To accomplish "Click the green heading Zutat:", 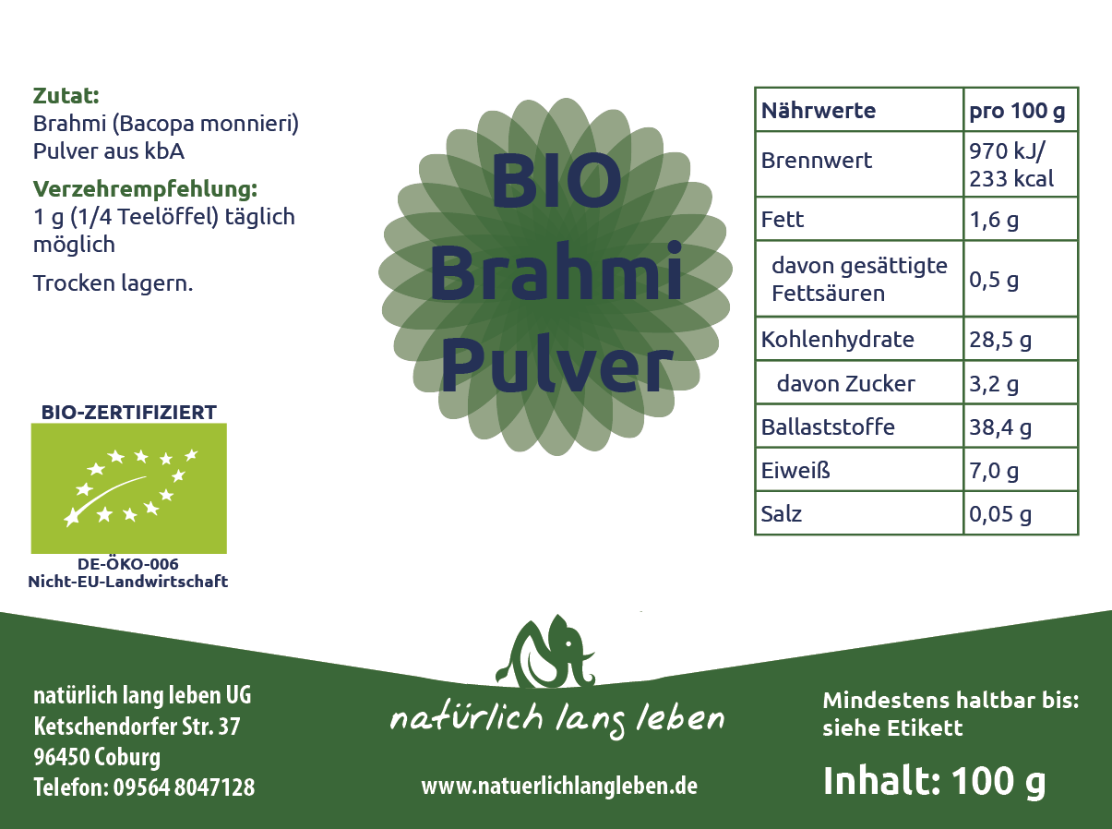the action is (x=66, y=95).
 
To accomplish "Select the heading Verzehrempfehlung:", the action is (x=146, y=189).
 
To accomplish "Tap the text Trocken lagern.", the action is (x=113, y=283).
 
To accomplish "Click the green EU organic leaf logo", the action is (x=128, y=488).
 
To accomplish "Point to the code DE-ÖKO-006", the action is (x=128, y=564).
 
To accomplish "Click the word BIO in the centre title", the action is (x=556, y=181).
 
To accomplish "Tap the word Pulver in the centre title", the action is (x=556, y=364).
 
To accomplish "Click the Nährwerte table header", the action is (x=819, y=111).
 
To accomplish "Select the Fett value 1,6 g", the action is (x=994, y=220).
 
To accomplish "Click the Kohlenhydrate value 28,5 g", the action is (x=1000, y=340).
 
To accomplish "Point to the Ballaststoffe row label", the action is (x=828, y=427).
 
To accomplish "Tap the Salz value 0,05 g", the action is (x=1000, y=514).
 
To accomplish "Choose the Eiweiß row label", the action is (x=795, y=470).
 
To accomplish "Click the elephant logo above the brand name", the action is (x=545, y=651).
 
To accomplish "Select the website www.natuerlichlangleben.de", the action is (x=559, y=786).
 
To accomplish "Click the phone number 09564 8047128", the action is (x=184, y=787).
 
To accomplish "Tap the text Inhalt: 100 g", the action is (x=934, y=782).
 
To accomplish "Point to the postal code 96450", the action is (x=61, y=757).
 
